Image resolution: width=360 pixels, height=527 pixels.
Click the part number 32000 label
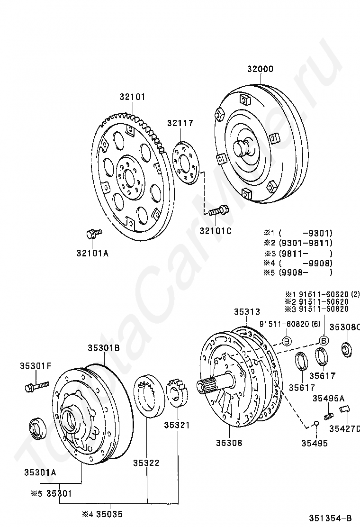(x=260, y=69)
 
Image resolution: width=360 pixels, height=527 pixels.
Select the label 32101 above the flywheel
(x=132, y=97)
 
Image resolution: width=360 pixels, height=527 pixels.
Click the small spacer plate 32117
(x=187, y=161)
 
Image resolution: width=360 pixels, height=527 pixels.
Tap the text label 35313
(x=247, y=312)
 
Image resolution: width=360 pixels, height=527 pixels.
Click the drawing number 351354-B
(x=332, y=518)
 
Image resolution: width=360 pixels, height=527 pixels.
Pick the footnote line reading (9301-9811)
(x=305, y=243)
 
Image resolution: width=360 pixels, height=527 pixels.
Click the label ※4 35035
(x=102, y=513)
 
